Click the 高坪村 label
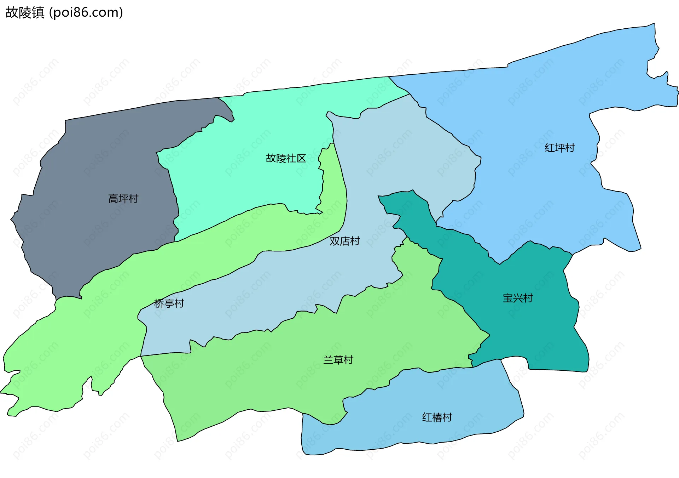(x=123, y=199)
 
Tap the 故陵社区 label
(x=286, y=158)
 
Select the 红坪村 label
(x=559, y=148)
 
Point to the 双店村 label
(x=344, y=241)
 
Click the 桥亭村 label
(x=169, y=303)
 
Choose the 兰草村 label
(x=338, y=360)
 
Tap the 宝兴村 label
(x=518, y=298)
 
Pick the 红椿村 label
(x=437, y=417)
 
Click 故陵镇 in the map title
(x=25, y=12)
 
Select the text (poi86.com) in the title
(x=86, y=12)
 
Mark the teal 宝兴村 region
(x=530, y=336)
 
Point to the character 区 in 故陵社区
(x=301, y=158)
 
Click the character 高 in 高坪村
(x=113, y=199)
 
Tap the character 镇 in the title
(x=38, y=12)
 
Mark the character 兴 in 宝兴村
(x=518, y=298)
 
